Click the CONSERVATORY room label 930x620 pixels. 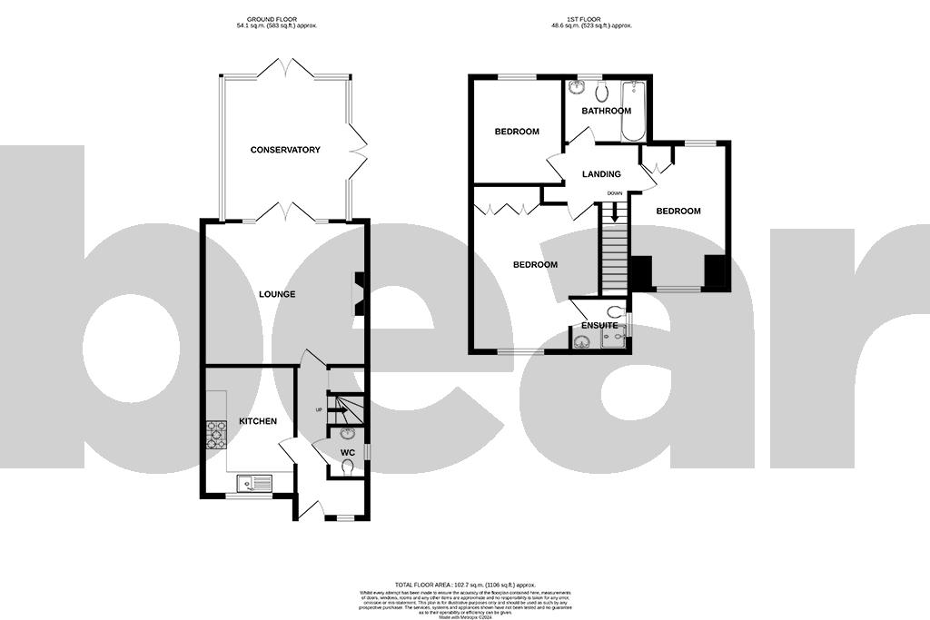coord(285,150)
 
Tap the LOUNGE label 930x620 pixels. coord(277,294)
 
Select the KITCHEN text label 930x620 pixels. coord(257,421)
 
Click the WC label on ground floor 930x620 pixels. coord(348,452)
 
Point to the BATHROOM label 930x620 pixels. coord(606,111)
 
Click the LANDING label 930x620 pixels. coord(601,174)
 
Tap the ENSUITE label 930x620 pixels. coord(599,325)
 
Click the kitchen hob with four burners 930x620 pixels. coord(216,435)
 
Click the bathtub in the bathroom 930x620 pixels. coord(633,111)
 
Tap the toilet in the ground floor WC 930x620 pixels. coord(349,467)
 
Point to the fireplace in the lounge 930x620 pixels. coord(360,294)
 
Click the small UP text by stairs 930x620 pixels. coord(318,410)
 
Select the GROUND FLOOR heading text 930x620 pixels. coord(276,20)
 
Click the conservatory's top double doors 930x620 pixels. coord(285,69)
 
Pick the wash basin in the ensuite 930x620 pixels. coord(582,342)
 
